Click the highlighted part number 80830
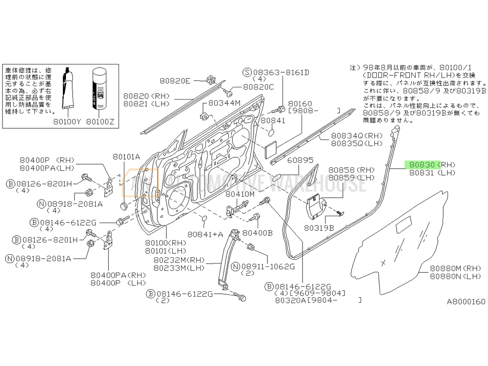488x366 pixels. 423,164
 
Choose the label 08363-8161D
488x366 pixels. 280,72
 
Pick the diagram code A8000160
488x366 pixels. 467,301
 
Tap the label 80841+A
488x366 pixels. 205,234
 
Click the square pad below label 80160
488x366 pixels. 272,148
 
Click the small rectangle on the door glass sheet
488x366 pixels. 405,226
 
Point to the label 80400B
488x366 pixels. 257,233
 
